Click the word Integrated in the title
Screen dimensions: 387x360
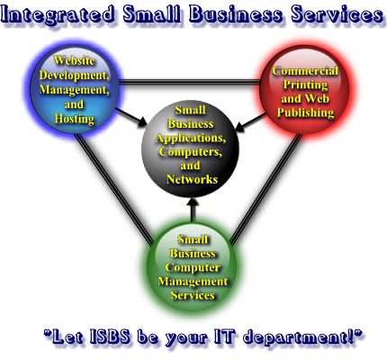pos(58,14)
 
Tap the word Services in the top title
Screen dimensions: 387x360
pos(337,13)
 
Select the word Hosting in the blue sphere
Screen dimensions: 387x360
pos(75,119)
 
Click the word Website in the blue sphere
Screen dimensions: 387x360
pos(75,60)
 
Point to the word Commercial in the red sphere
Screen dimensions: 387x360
pos(305,71)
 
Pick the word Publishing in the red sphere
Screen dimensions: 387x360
pos(305,112)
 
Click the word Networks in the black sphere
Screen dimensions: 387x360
pos(192,179)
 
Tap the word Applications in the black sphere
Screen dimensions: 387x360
pos(191,138)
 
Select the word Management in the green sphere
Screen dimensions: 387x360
pos(193,282)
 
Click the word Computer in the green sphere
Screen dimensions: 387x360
pos(193,267)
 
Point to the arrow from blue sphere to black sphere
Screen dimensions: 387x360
pos(131,118)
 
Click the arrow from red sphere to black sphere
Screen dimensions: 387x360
pos(251,121)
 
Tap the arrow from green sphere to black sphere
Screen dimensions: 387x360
pos(193,211)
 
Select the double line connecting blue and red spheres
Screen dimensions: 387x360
pos(190,82)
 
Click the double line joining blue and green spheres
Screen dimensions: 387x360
pos(113,190)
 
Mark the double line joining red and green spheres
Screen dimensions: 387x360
pos(265,189)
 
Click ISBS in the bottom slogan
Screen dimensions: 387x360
pos(110,337)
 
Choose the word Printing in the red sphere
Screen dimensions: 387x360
pos(305,85)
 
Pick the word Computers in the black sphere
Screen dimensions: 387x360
pos(191,152)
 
